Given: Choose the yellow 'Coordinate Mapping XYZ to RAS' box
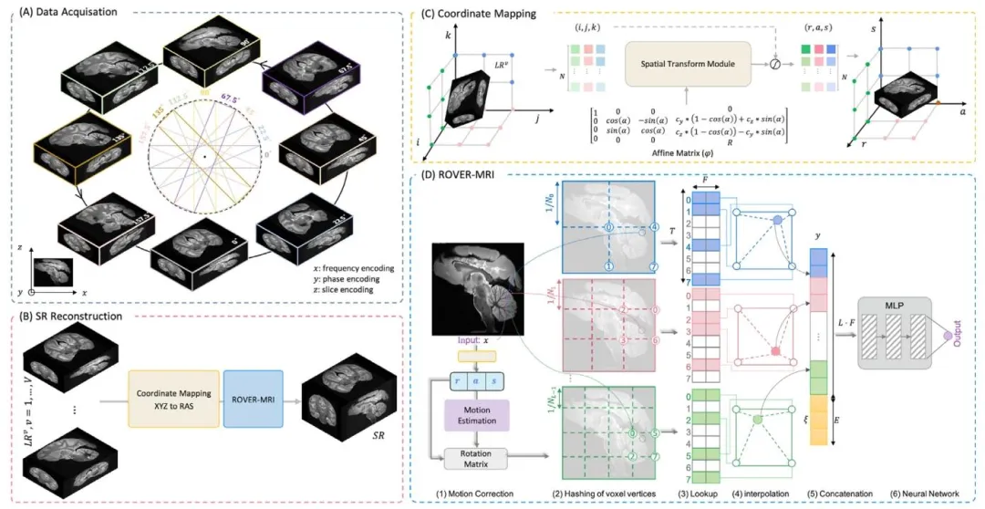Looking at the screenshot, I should click(175, 400).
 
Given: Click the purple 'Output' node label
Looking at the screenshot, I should click(958, 337).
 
